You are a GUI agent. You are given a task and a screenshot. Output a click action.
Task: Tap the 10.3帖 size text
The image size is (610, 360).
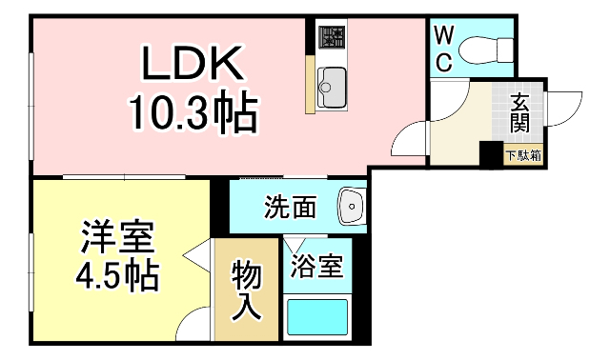pos(193,114)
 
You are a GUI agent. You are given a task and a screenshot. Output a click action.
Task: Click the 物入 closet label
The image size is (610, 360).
pos(247,290)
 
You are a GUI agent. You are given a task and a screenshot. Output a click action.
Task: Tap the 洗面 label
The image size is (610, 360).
pos(290,207)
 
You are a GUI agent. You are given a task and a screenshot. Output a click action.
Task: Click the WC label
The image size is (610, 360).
pos(443,48)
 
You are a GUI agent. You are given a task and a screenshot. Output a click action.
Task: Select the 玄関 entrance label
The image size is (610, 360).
pos(520,111)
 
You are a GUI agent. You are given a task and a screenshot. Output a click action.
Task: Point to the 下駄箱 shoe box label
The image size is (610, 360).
pos(523,154)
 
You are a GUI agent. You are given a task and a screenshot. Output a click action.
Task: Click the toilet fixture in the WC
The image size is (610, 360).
pos(487,48)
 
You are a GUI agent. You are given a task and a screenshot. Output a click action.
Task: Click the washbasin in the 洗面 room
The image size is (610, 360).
pos(352,206)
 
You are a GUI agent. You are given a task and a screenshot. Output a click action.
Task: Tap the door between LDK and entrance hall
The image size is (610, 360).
pos(410,139)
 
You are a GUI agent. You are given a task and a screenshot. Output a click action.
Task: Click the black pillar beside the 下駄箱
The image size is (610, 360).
pos(490,154)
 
